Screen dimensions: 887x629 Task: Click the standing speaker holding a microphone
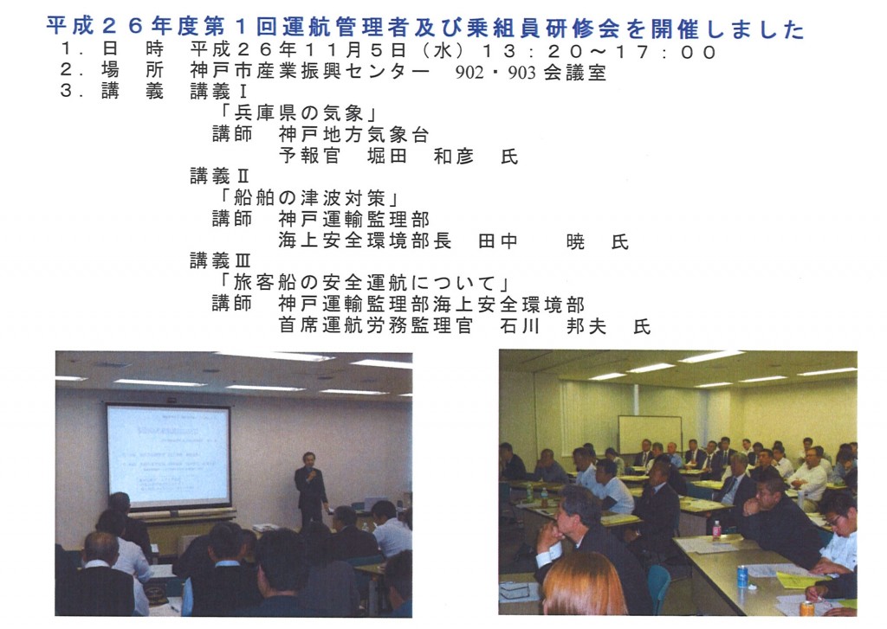310,486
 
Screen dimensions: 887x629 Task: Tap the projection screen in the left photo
169,455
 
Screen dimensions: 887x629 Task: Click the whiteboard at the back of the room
650,434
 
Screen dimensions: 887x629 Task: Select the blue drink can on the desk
742,576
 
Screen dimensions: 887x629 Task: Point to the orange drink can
807,608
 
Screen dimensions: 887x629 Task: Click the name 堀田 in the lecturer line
387,157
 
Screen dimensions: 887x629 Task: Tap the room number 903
521,73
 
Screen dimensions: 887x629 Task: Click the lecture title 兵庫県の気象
299,113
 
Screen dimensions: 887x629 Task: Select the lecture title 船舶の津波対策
309,198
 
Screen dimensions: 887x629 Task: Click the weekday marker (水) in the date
443,51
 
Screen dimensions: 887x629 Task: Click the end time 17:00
665,52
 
